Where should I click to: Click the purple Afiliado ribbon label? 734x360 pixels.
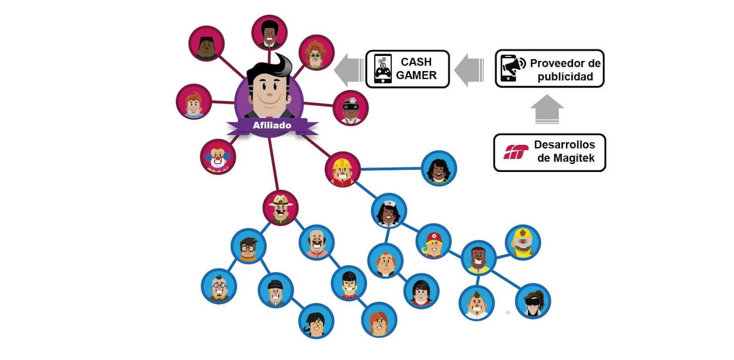(x=272, y=125)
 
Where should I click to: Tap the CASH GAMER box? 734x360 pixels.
(x=407, y=69)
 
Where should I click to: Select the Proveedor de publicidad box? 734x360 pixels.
(x=550, y=69)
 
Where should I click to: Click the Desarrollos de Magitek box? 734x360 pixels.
(x=550, y=153)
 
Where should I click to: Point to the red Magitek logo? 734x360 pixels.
(x=516, y=152)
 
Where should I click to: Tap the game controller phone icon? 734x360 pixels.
(x=383, y=69)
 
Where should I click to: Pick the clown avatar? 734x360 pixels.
(x=218, y=157)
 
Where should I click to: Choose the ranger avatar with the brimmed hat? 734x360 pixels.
(x=280, y=208)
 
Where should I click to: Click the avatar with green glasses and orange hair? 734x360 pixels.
(x=316, y=52)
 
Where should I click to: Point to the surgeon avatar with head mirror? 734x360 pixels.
(x=350, y=108)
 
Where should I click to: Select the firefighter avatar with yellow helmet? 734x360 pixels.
(x=523, y=242)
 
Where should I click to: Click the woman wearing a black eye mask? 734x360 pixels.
(x=533, y=301)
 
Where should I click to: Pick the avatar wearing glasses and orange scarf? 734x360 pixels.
(x=248, y=246)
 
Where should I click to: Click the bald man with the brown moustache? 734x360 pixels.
(x=316, y=242)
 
